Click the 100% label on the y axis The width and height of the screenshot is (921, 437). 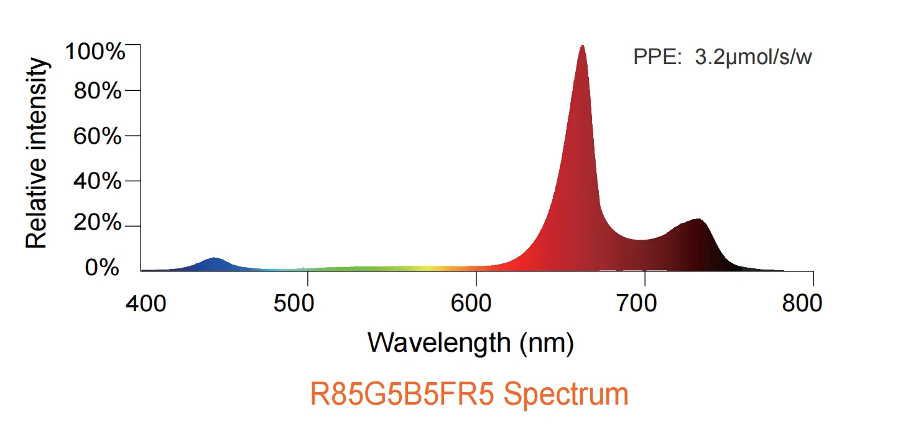(95, 52)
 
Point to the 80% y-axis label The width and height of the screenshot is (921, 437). (98, 90)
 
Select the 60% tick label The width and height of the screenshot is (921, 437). (98, 136)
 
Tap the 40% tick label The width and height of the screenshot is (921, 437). (98, 181)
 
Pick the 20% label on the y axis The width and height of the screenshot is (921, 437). (98, 222)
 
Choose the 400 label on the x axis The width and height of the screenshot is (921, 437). (146, 304)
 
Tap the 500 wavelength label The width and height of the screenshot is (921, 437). (294, 304)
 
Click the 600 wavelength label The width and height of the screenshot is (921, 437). (471, 304)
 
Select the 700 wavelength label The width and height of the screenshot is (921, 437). (637, 304)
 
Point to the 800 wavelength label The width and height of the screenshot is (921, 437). (802, 304)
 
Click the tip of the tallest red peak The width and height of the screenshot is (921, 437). (582, 45)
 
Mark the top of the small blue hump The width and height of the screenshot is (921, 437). (214, 258)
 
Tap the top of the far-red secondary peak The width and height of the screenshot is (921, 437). (698, 219)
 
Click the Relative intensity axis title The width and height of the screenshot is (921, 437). (36, 153)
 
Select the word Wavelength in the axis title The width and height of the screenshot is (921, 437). (439, 343)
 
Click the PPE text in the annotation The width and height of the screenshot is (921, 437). (657, 57)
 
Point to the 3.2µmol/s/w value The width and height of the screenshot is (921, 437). (754, 57)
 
